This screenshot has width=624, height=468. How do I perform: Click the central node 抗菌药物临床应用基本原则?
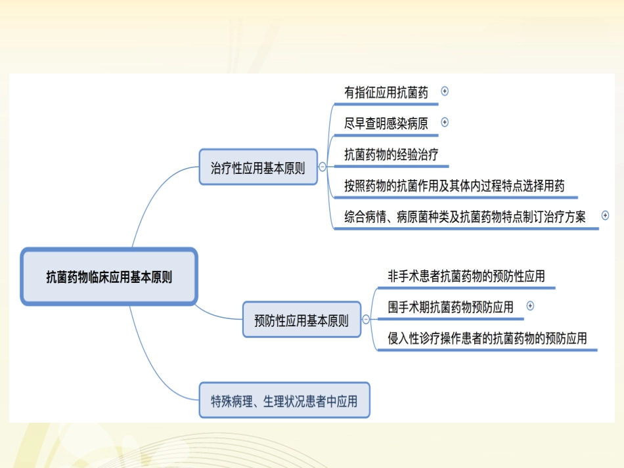click(x=109, y=276)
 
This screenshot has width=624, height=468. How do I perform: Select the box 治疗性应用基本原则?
click(x=257, y=167)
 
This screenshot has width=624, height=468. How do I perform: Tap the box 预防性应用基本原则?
click(x=301, y=320)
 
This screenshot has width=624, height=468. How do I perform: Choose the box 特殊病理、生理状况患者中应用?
click(x=284, y=400)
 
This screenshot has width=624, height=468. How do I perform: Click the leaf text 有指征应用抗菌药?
click(x=386, y=93)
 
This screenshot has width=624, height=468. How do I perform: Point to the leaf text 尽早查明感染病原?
click(x=386, y=123)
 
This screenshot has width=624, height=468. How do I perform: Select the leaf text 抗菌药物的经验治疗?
click(x=391, y=155)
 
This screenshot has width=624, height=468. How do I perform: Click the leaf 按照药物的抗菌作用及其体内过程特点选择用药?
click(x=455, y=186)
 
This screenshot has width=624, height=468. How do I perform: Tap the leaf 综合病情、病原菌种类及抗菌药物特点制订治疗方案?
click(x=465, y=217)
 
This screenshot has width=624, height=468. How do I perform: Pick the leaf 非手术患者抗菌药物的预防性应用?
click(x=466, y=276)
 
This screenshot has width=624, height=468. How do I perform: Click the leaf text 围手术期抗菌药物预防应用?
click(x=451, y=306)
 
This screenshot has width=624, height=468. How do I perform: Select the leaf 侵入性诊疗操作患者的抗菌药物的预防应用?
click(x=487, y=338)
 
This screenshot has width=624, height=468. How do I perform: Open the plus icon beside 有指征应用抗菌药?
click(x=445, y=91)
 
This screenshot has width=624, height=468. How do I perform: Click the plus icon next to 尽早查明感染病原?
click(x=445, y=121)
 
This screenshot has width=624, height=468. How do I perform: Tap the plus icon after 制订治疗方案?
click(x=605, y=215)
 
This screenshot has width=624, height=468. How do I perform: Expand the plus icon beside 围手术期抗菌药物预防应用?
click(x=531, y=305)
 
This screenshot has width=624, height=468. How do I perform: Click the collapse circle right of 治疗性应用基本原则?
click(x=322, y=167)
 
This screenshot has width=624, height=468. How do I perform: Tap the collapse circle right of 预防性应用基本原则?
click(x=365, y=320)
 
